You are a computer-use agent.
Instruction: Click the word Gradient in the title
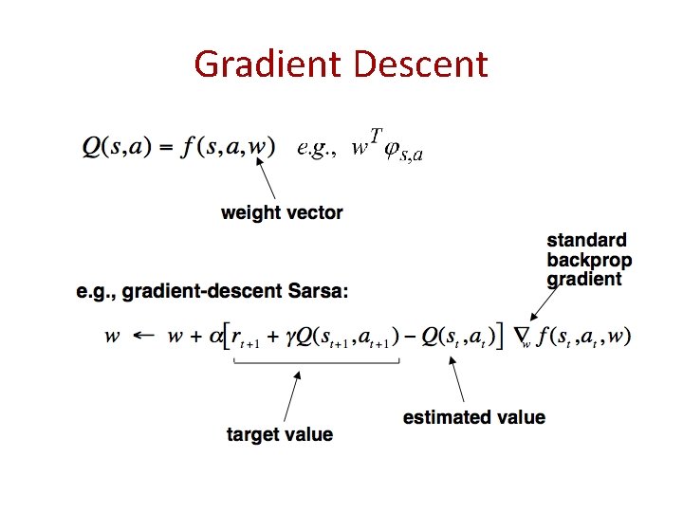[268, 64]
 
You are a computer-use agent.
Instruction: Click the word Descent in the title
[419, 64]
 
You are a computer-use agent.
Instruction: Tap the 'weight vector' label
[282, 212]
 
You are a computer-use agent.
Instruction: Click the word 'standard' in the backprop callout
[586, 241]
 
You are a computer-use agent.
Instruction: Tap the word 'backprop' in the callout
[589, 260]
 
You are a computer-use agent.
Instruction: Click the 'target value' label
[280, 434]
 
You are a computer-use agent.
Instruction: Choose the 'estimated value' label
[474, 417]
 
